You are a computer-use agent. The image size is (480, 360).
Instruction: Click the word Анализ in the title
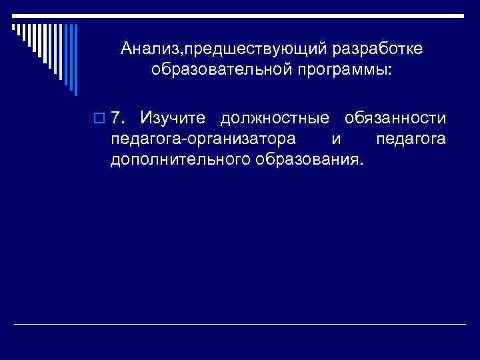click(148, 50)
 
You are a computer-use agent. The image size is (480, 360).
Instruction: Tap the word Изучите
click(165, 119)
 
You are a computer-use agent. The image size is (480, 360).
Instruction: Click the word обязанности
click(395, 119)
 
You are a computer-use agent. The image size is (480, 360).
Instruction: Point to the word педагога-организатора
click(196, 139)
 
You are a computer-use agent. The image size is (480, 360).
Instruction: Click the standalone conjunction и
click(335, 139)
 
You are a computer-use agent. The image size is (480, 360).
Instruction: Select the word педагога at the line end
click(411, 139)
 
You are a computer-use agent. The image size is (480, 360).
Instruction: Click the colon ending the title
click(391, 71)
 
